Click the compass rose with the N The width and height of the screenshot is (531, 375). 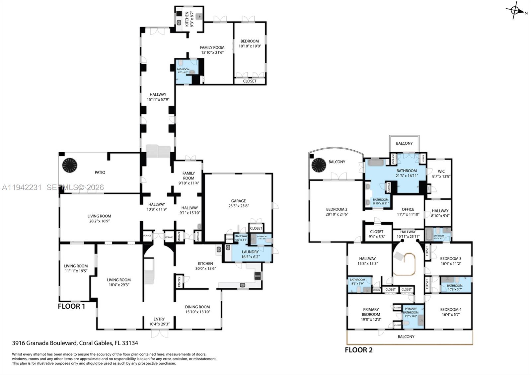(515, 10)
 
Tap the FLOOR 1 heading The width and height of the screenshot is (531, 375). (71, 306)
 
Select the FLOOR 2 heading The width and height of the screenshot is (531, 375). (358, 350)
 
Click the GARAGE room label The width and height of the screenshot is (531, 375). (238, 201)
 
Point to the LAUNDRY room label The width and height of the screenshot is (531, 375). (250, 252)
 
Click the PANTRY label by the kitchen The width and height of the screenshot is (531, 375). (179, 282)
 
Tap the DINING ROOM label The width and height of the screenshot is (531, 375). (197, 307)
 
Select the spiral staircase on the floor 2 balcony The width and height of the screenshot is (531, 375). (319, 165)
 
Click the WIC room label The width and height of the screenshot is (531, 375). (441, 172)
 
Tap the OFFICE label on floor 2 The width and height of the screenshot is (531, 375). (408, 209)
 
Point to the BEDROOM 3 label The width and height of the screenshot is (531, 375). (450, 259)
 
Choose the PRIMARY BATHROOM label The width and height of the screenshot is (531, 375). (411, 311)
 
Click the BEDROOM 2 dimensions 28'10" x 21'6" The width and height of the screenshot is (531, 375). (337, 214)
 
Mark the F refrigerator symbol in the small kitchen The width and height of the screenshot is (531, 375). (200, 16)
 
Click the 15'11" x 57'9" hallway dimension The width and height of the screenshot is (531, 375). (158, 99)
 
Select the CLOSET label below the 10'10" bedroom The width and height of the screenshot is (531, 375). (250, 81)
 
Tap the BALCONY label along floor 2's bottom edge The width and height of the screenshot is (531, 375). (406, 337)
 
